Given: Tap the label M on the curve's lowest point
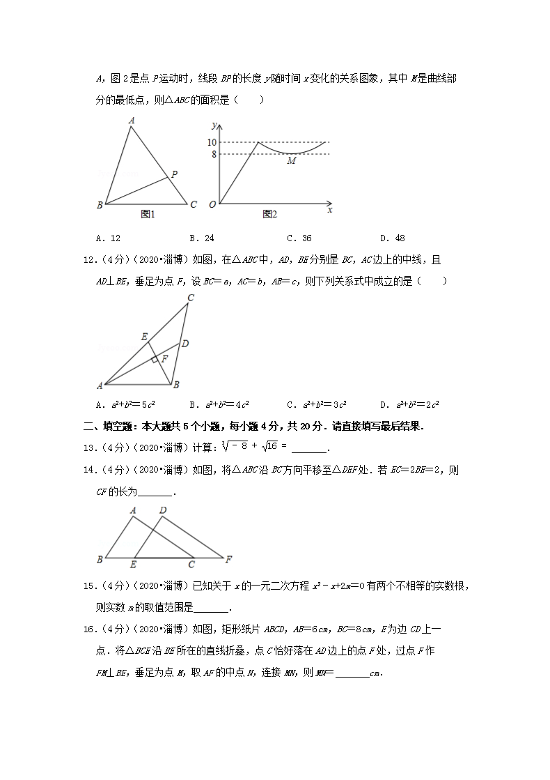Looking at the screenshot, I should [291, 161].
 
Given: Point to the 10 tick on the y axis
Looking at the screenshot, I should [212, 142].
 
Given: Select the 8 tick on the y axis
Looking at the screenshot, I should [214, 154].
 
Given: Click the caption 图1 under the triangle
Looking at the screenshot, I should [148, 214].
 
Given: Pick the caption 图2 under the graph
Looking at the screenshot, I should [270, 214].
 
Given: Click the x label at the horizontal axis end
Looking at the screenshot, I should [329, 209].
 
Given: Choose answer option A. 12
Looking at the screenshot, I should [108, 238].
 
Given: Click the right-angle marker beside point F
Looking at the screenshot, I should [154, 360].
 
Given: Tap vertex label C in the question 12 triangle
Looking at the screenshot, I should [190, 298].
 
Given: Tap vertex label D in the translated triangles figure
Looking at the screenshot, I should [162, 510].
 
